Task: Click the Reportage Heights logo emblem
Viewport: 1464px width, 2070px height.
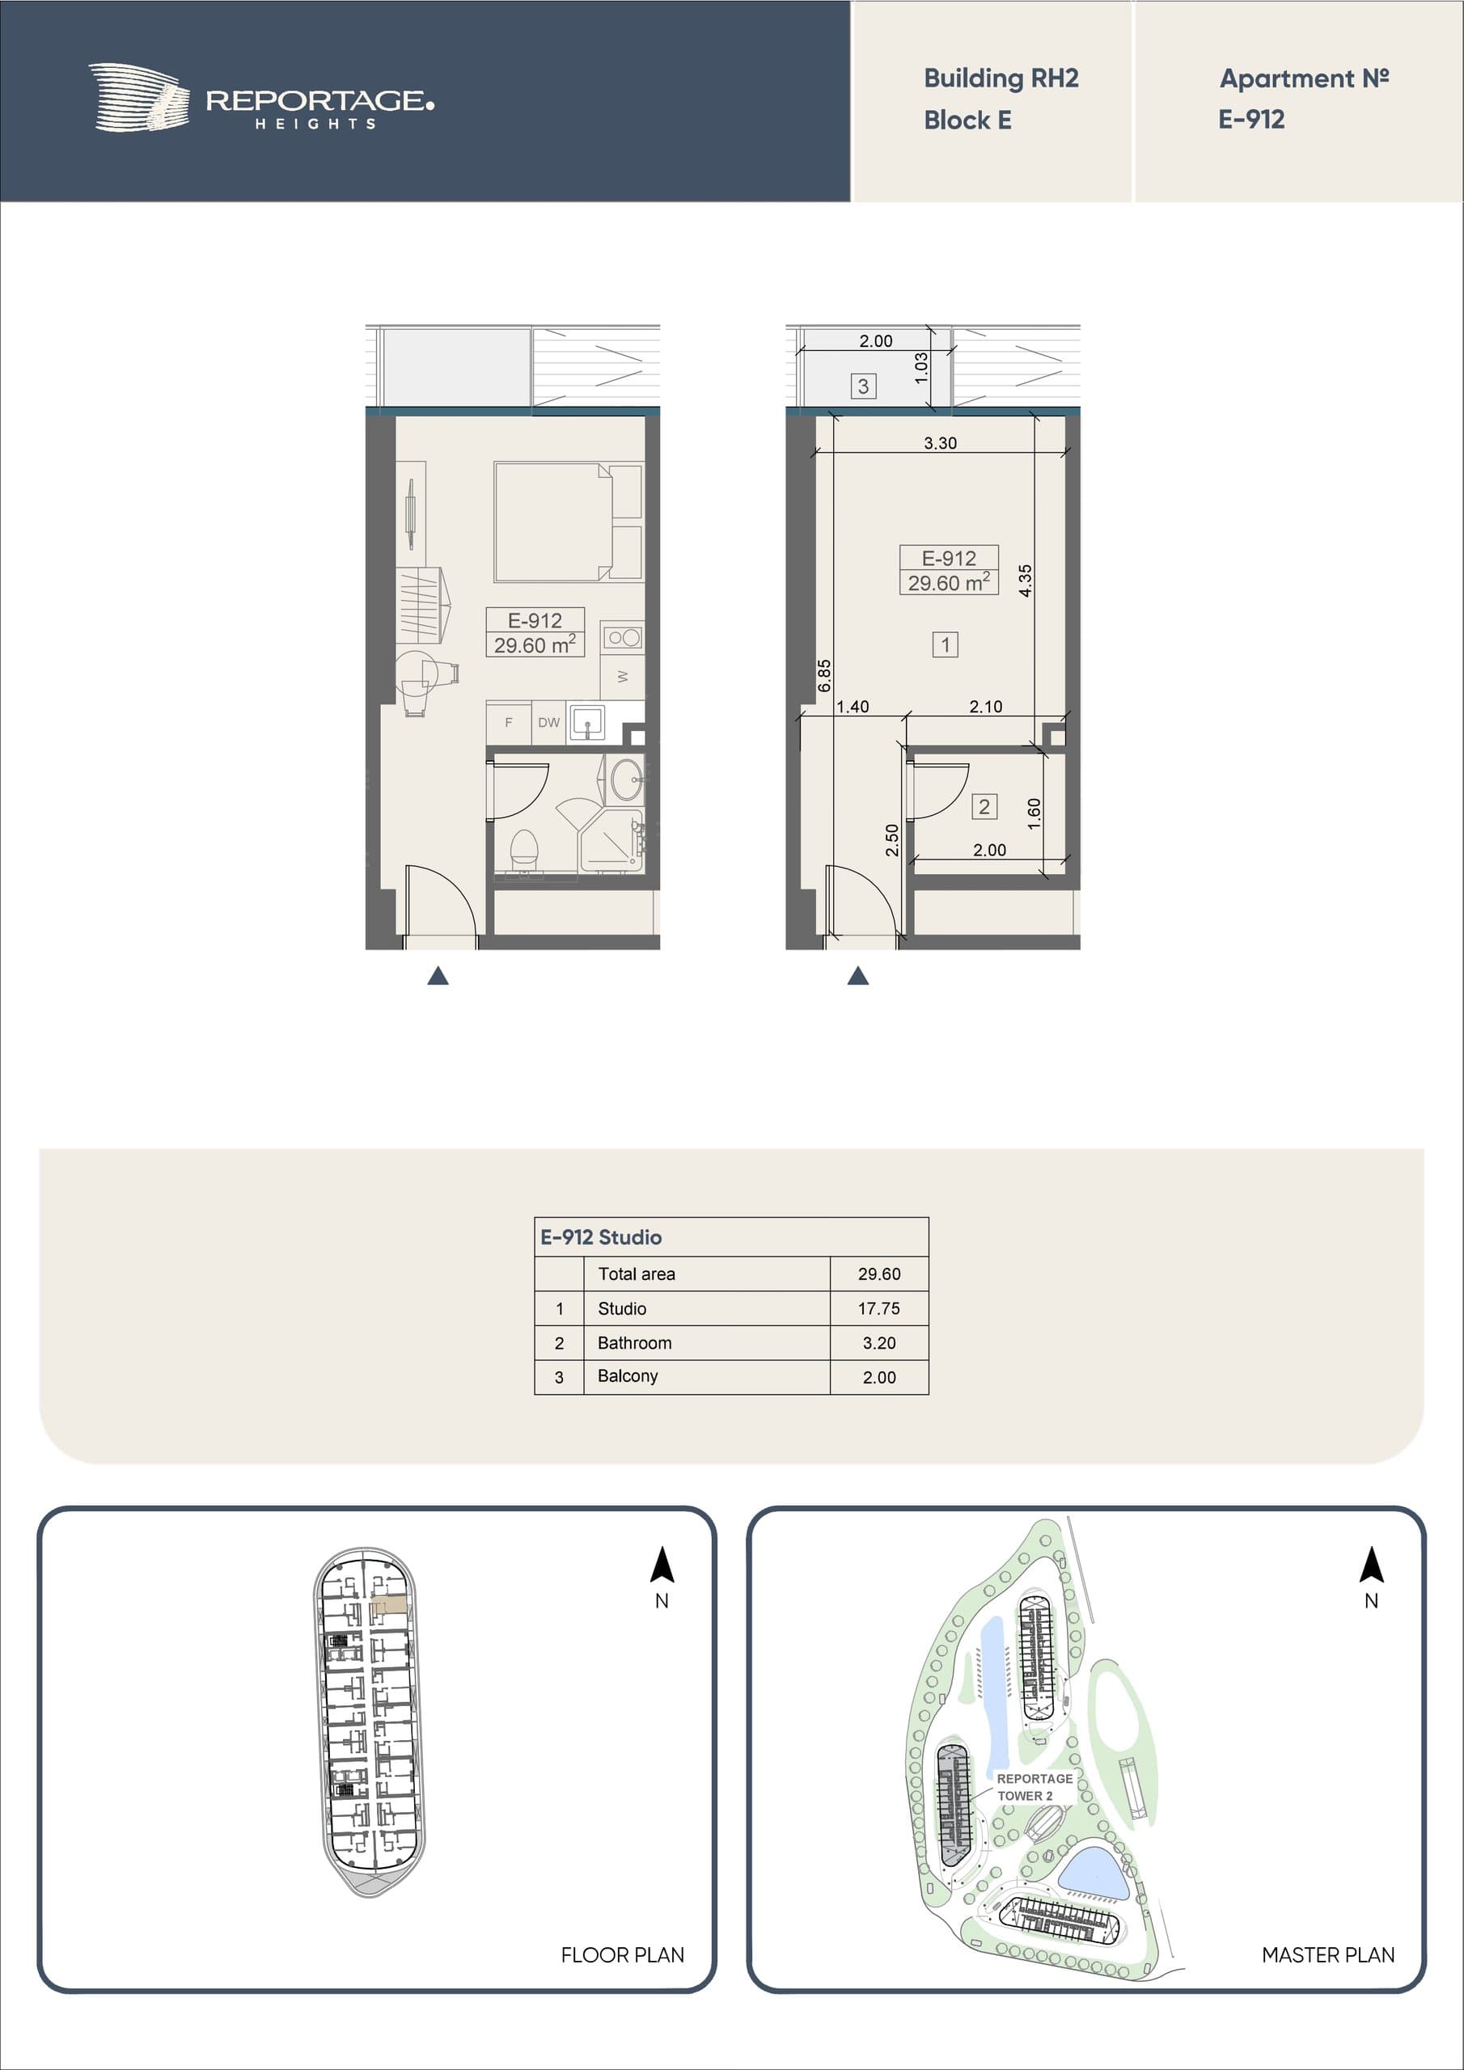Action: tap(140, 97)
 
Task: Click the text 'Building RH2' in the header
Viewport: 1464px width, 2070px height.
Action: tap(1001, 78)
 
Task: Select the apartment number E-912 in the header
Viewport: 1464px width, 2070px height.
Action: tap(1251, 119)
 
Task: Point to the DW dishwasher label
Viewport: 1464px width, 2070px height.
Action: tap(548, 722)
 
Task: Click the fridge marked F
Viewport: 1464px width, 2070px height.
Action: tap(509, 723)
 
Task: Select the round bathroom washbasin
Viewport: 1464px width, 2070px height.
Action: tap(627, 779)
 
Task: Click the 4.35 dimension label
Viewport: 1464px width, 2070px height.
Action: tap(1025, 581)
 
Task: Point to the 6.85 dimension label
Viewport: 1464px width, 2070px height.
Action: tap(823, 676)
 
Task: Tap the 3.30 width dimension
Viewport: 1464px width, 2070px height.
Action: tap(940, 442)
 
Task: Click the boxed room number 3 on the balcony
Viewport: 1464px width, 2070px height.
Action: tap(863, 387)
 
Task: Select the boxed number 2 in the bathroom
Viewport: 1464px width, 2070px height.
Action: tap(984, 807)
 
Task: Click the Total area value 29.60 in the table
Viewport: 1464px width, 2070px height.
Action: tap(879, 1274)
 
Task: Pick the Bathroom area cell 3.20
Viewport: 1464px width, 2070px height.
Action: tap(879, 1342)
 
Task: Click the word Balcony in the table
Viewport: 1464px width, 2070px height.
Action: tap(628, 1375)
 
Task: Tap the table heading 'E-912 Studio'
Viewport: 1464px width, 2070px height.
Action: tap(601, 1237)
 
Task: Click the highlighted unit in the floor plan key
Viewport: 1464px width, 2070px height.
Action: tap(390, 1607)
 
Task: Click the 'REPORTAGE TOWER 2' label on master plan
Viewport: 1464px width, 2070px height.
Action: tap(1035, 1787)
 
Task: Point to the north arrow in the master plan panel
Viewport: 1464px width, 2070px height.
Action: tap(1371, 1565)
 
